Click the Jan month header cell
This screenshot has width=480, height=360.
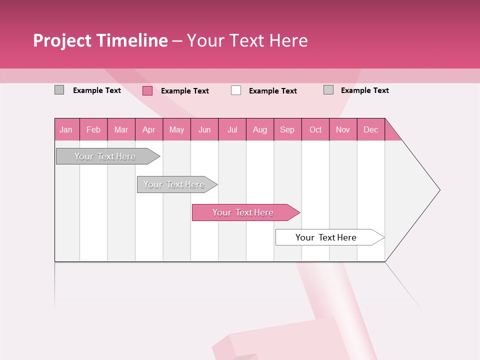[66, 129]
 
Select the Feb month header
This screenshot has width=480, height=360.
[93, 129]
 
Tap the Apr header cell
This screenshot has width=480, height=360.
[149, 129]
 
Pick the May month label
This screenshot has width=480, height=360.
[176, 129]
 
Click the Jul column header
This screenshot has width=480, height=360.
[232, 129]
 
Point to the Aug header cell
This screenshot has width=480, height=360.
[260, 129]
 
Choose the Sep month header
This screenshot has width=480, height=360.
[287, 129]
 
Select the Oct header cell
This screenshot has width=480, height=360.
[315, 129]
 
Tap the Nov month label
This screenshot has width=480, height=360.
[343, 129]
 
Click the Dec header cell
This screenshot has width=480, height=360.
[371, 129]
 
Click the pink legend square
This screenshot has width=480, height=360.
[147, 90]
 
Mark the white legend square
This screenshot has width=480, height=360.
[236, 90]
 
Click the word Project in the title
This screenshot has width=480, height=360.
[62, 40]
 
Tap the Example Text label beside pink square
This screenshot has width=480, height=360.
[185, 91]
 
